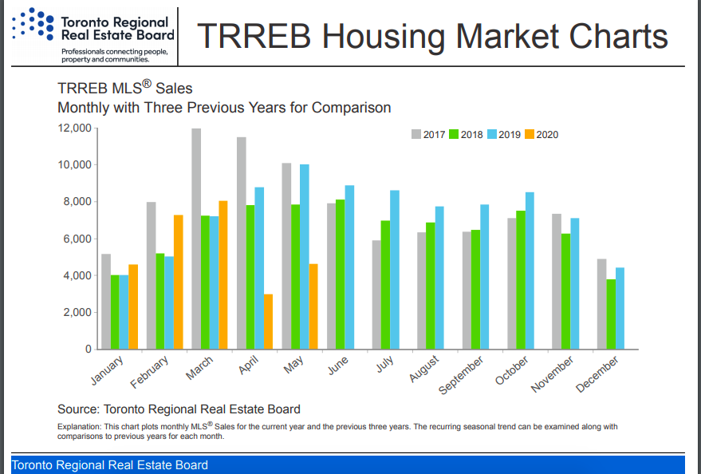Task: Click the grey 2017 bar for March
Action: point(196,239)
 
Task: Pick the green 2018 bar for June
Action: point(341,275)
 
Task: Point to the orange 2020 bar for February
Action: point(179,282)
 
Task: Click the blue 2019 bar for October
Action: point(530,271)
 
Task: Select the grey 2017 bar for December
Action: point(602,304)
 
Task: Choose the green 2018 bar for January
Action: point(115,312)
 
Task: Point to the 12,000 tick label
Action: point(73,128)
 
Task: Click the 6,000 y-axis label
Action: point(77,239)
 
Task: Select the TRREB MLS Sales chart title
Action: point(124,89)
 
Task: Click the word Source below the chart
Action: point(80,409)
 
